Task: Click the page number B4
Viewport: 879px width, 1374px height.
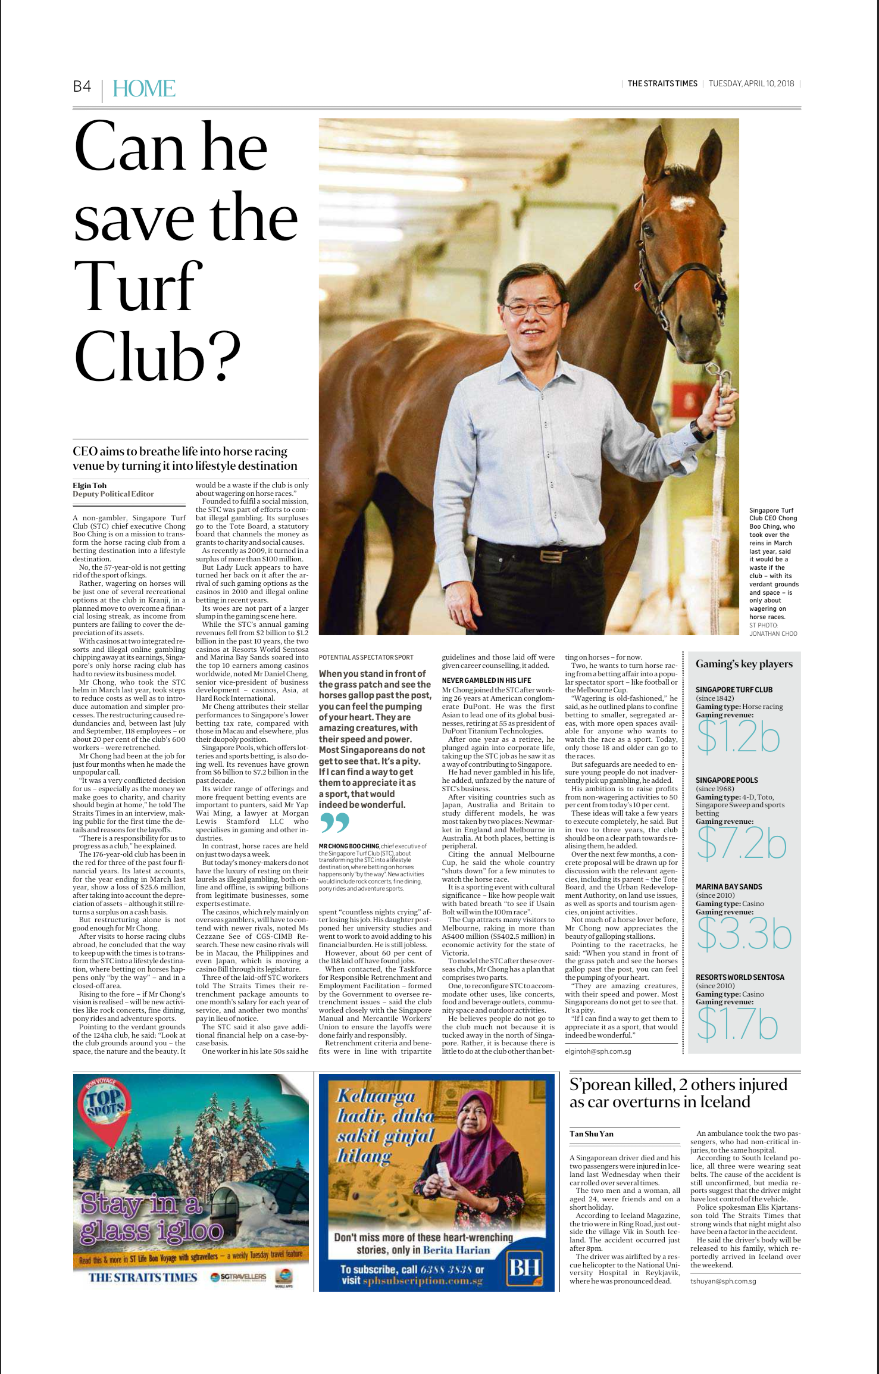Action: (x=82, y=87)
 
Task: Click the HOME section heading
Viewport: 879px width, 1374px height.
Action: (x=143, y=89)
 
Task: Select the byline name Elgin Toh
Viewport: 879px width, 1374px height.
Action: (x=89, y=485)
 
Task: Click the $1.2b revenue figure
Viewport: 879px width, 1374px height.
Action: (x=737, y=737)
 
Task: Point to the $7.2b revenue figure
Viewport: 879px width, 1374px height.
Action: (x=741, y=844)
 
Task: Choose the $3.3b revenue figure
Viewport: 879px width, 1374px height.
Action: (x=743, y=934)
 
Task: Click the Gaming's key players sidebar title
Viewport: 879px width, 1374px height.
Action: (x=744, y=664)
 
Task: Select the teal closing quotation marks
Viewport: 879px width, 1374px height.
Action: (x=334, y=823)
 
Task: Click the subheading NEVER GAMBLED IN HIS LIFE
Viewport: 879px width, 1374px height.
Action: (x=486, y=680)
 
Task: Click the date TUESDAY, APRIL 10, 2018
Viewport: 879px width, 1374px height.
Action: (x=751, y=83)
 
